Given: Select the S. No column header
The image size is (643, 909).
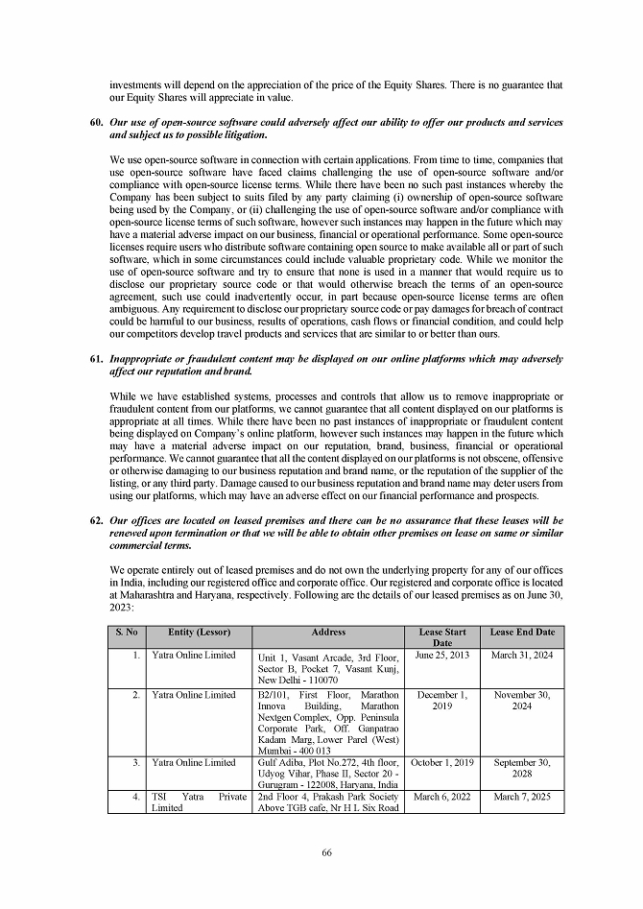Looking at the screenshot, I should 127,633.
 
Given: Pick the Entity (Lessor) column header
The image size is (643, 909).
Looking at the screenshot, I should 201,633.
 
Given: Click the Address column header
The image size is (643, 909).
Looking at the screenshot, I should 329,633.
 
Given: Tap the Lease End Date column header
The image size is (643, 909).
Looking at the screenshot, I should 522,633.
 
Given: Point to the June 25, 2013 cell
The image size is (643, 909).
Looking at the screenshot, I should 442,656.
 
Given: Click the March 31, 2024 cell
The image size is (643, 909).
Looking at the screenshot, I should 522,656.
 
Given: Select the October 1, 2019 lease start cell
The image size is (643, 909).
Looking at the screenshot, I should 442,763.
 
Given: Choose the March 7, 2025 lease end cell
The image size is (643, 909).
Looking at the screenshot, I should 522,796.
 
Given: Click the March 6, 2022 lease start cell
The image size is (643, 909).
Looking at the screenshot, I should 442,796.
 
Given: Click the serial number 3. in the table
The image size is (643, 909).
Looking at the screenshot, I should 139,763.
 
